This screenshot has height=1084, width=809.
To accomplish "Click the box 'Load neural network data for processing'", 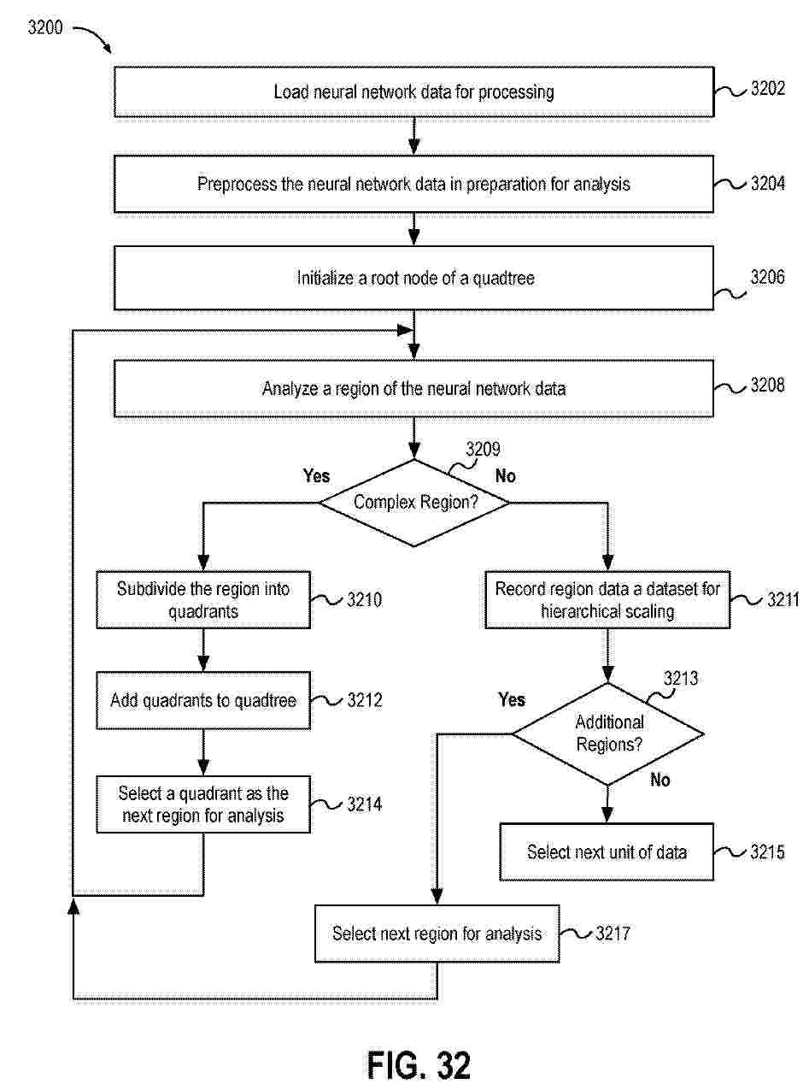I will [413, 91].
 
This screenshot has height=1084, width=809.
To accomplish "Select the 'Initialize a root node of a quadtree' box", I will [413, 278].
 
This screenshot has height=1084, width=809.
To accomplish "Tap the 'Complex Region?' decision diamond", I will [415, 502].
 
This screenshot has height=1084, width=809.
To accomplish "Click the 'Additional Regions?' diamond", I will [607, 733].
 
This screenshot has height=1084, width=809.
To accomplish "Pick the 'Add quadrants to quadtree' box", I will [202, 701].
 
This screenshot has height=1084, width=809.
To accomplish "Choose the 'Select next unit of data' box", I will [606, 852].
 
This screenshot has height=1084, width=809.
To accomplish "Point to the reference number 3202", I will [767, 90].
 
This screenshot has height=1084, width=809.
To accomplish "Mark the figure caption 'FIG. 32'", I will [419, 1065].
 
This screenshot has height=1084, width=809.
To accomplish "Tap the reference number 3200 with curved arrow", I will [44, 27].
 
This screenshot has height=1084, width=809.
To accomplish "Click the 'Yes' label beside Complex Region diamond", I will [316, 475].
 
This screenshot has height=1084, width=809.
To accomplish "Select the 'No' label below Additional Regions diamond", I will [660, 780].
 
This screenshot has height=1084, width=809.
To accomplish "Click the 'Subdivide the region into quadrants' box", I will [202, 600].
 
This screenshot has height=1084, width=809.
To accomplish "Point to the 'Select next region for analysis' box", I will [437, 934].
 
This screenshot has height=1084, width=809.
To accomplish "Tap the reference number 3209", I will [483, 449].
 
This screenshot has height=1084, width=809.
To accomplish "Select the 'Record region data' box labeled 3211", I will [607, 600].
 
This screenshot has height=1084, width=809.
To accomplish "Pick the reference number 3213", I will [680, 679].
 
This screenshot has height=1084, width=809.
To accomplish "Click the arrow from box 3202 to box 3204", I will [414, 135].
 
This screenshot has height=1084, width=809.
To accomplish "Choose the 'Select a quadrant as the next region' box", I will [202, 804].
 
